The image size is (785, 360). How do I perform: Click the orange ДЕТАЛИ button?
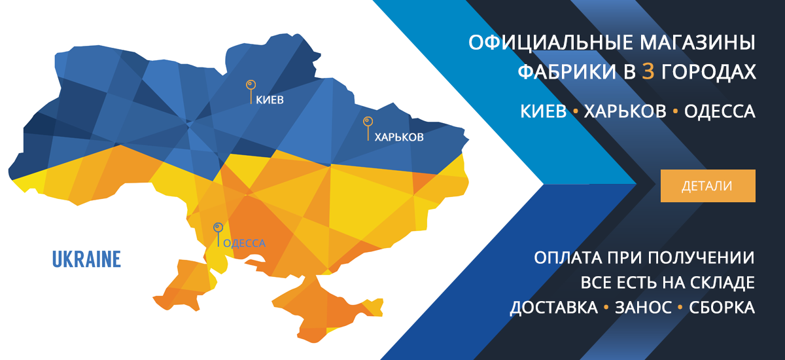pyautogui.click(x=708, y=186)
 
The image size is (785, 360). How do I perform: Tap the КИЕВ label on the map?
pyautogui.click(x=270, y=100)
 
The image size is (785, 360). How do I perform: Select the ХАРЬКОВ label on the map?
pyautogui.click(x=399, y=137)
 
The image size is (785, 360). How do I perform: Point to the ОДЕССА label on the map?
pyautogui.click(x=244, y=243)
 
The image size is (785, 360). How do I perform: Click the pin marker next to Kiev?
pyautogui.click(x=251, y=92)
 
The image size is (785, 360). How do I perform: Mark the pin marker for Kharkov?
pyautogui.click(x=368, y=129)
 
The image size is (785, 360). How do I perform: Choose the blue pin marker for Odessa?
pyautogui.click(x=218, y=234)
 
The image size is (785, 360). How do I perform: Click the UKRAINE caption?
pyautogui.click(x=86, y=259)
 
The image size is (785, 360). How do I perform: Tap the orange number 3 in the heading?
pyautogui.click(x=648, y=71)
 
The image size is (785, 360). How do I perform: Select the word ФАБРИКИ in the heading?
pyautogui.click(x=567, y=71)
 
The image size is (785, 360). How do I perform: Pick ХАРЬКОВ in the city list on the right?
pyautogui.click(x=625, y=111)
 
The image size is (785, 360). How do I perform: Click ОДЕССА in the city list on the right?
pyautogui.click(x=720, y=111)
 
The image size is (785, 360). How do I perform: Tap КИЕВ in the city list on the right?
pyautogui.click(x=543, y=111)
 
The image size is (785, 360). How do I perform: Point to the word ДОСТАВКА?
pyautogui.click(x=554, y=308)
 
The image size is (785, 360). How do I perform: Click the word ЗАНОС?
pyautogui.click(x=644, y=308)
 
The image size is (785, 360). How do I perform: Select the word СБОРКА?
pyautogui.click(x=722, y=308)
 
